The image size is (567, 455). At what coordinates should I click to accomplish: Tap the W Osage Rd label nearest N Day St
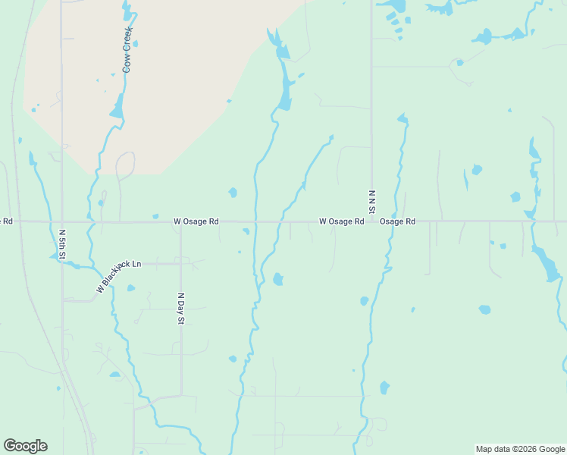click(196, 221)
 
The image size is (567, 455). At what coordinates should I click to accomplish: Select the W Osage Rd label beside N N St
click(341, 221)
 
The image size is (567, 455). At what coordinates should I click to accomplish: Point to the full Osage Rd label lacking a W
click(398, 221)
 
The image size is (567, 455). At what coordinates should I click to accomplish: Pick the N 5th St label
click(62, 245)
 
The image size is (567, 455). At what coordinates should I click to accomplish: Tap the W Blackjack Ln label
click(119, 277)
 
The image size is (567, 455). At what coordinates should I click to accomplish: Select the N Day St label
click(180, 309)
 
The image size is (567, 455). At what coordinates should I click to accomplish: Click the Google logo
click(25, 446)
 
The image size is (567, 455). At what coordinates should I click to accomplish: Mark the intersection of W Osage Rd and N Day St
click(180, 222)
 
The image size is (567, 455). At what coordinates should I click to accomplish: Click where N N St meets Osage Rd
click(371, 222)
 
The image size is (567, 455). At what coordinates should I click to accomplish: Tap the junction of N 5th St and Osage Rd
click(61, 222)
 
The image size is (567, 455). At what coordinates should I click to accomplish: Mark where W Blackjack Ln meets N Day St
click(180, 264)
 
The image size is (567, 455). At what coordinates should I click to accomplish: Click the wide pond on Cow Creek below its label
click(117, 108)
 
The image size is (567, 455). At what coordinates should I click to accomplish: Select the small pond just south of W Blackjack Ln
click(130, 288)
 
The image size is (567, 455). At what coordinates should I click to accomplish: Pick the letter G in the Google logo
click(10, 446)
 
